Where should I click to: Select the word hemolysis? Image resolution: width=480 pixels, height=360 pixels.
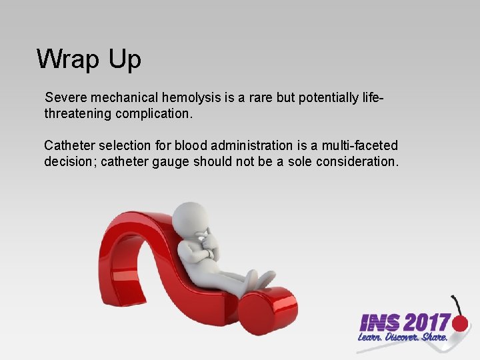(x=189, y=98)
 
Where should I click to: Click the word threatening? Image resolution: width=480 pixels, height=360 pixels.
(x=78, y=113)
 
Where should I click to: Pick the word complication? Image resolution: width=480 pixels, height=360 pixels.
(x=154, y=113)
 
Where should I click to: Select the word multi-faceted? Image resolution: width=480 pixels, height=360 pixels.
(x=360, y=145)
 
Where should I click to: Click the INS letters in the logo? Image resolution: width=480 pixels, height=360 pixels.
(x=379, y=323)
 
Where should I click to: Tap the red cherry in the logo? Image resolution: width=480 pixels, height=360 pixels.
(x=460, y=323)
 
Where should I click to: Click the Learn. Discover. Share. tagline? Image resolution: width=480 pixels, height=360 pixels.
(x=401, y=339)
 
